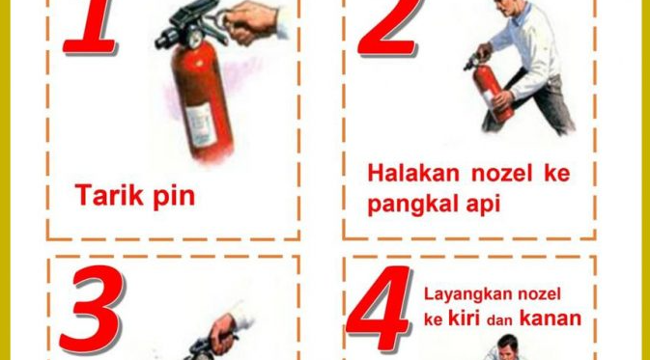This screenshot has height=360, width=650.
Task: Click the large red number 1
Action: pyautogui.click(x=94, y=26)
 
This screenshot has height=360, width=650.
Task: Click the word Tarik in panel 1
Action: pyautogui.click(x=104, y=195)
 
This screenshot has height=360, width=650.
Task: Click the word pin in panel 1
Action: pyautogui.click(x=170, y=197)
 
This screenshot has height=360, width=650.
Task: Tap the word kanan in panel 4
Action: pyautogui.click(x=551, y=318)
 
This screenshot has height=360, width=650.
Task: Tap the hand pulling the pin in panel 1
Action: pyautogui.click(x=253, y=20)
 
